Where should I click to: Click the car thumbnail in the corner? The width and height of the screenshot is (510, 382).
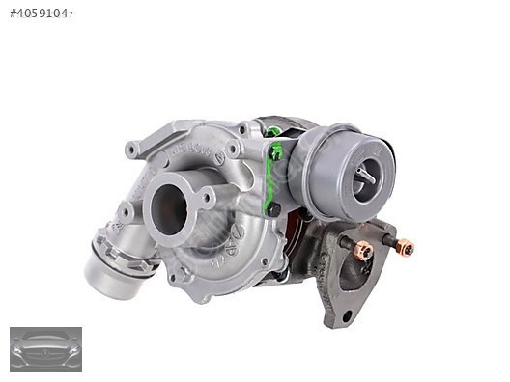tap(45, 349)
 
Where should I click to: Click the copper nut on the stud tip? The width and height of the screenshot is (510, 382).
tap(405, 248)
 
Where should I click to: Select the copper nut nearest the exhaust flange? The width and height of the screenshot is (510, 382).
tap(363, 251)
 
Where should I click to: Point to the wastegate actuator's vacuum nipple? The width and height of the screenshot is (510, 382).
tap(364, 176)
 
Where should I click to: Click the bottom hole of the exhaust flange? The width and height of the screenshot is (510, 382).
tap(347, 315)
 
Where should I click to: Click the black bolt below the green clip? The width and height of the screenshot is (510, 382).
tap(274, 209)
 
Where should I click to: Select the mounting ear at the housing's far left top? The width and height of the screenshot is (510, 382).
tap(132, 150)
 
